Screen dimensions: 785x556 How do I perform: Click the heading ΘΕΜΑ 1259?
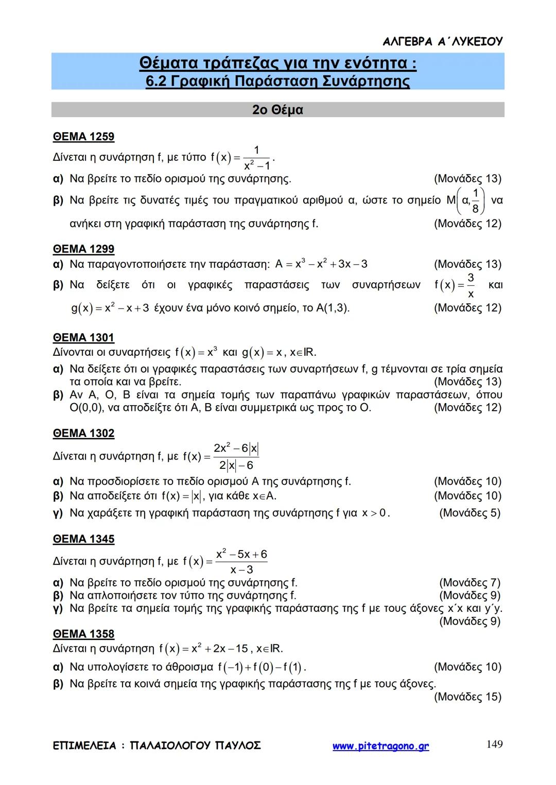(83, 137)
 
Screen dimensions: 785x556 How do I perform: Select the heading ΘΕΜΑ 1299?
(83, 249)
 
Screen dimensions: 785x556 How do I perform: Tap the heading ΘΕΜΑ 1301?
(83, 338)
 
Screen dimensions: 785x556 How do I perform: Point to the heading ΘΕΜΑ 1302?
(83, 433)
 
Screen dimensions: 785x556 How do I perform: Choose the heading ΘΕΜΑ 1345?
(83, 539)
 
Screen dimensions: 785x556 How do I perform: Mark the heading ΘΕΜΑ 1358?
(83, 634)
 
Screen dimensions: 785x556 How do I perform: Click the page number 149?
(494, 744)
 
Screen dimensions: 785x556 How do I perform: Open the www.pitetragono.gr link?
(380, 746)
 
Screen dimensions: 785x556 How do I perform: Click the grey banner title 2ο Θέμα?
(277, 110)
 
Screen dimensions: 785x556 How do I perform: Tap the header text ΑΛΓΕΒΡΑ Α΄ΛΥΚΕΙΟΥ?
(443, 42)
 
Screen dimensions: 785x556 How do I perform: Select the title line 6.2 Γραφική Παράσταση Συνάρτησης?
(277, 81)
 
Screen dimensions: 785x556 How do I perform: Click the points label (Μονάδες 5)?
(470, 513)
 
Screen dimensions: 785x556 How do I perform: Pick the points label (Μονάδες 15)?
(467, 697)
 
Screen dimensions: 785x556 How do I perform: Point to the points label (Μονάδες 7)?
(470, 583)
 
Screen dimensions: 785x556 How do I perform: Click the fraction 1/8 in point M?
(476, 200)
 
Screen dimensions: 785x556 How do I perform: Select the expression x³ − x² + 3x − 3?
(321, 264)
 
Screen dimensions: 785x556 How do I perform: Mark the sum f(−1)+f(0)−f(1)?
(262, 667)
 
